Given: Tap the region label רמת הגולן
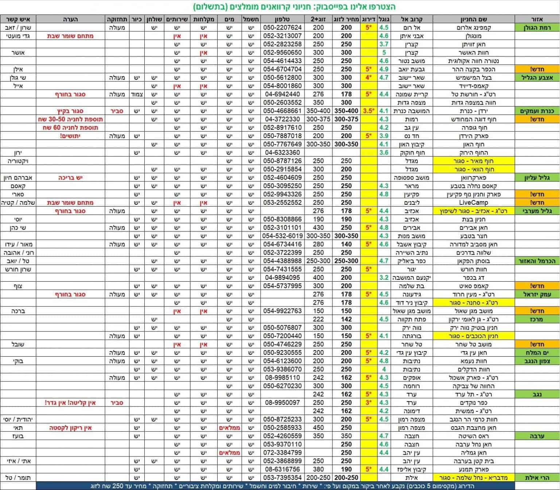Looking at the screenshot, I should point(537,27).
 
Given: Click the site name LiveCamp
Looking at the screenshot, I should point(473,203).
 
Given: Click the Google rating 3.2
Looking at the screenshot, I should point(384,278).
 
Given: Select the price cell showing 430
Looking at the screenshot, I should point(318,228).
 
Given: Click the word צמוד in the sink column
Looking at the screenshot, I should point(137,94).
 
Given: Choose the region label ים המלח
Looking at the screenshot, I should point(537,353).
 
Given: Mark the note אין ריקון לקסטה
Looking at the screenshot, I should point(70,428).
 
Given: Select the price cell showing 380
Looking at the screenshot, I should point(318,469).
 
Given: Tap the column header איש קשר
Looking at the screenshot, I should point(18,19).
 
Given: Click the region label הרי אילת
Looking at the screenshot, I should point(537,478).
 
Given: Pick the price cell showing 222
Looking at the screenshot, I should point(318,319).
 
